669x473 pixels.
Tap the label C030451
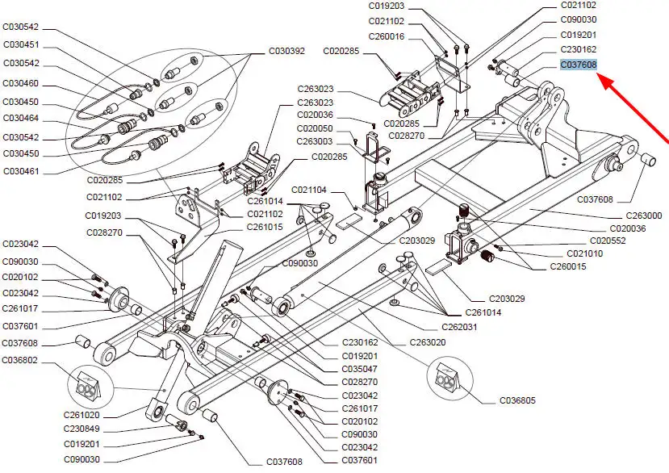click(x=21, y=44)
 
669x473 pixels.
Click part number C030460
click(x=21, y=83)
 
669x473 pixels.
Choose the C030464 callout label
click(x=21, y=119)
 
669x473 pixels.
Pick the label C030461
click(x=21, y=171)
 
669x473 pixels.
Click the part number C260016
click(x=387, y=37)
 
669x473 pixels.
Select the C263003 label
click(x=316, y=141)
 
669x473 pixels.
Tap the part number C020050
click(x=316, y=128)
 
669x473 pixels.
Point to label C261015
click(x=266, y=227)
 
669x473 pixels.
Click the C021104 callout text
click(x=309, y=190)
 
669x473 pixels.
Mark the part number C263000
click(x=644, y=216)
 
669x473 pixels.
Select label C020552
click(x=608, y=241)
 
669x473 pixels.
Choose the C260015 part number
click(x=568, y=267)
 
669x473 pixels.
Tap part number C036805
click(x=517, y=400)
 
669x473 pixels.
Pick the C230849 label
click(x=82, y=429)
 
